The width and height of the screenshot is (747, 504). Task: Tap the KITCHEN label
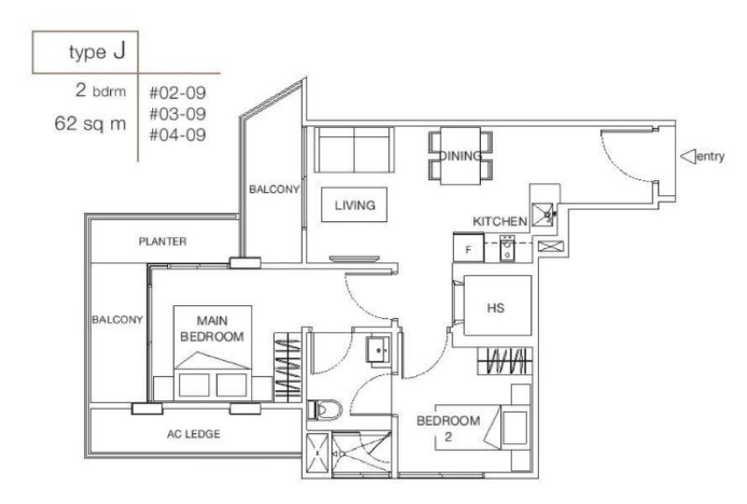click(x=500, y=221)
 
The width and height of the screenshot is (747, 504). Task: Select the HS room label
click(x=496, y=308)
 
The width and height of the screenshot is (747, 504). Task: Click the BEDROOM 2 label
click(x=448, y=427)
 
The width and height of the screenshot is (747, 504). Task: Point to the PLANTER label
click(x=163, y=242)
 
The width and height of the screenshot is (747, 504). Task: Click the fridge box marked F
click(x=468, y=250)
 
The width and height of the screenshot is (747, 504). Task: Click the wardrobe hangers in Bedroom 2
click(x=505, y=361)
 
